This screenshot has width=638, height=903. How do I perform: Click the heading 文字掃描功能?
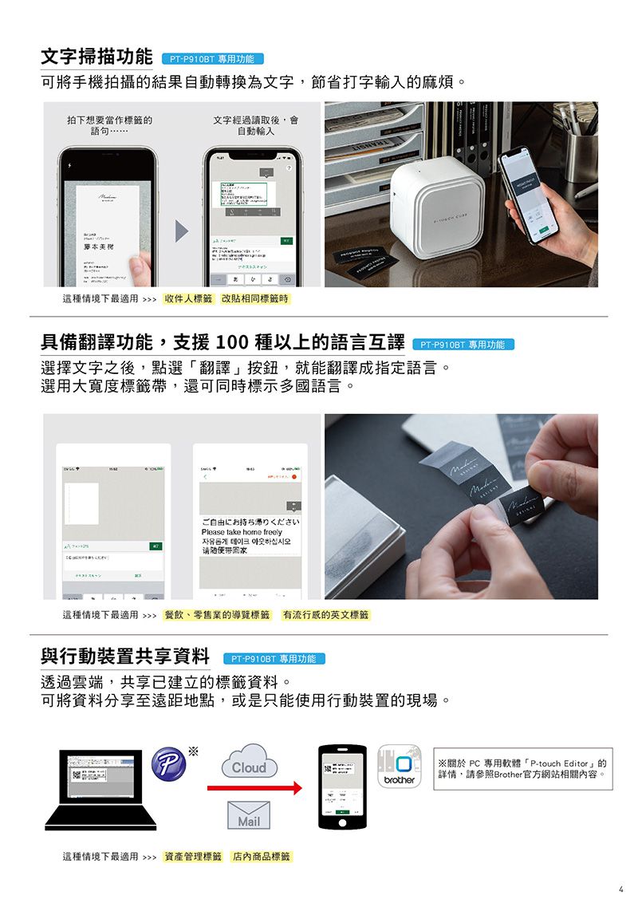point(96,57)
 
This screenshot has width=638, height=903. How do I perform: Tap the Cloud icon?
point(248,761)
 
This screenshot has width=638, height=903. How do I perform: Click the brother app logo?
point(399,767)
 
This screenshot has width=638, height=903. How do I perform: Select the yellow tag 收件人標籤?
point(188,299)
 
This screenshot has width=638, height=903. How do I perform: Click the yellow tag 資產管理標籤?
point(192,857)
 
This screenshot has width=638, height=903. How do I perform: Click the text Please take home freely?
point(241,532)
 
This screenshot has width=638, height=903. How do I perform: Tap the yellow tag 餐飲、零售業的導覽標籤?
point(216,615)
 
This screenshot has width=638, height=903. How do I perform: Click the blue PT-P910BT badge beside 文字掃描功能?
point(212,59)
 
